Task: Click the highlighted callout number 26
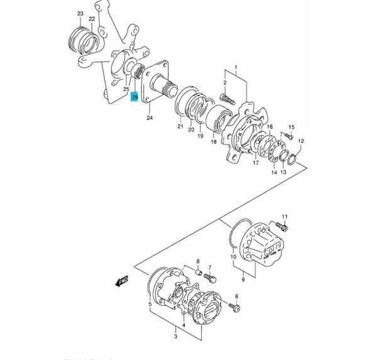134,97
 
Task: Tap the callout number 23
80,13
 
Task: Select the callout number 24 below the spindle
150,117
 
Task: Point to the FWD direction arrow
119,281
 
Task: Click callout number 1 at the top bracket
236,67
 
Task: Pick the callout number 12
301,141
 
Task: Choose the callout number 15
291,127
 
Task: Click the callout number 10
232,256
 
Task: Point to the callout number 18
214,143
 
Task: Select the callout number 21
180,127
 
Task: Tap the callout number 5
149,306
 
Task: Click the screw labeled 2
227,98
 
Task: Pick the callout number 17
256,163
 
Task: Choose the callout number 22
92,19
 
